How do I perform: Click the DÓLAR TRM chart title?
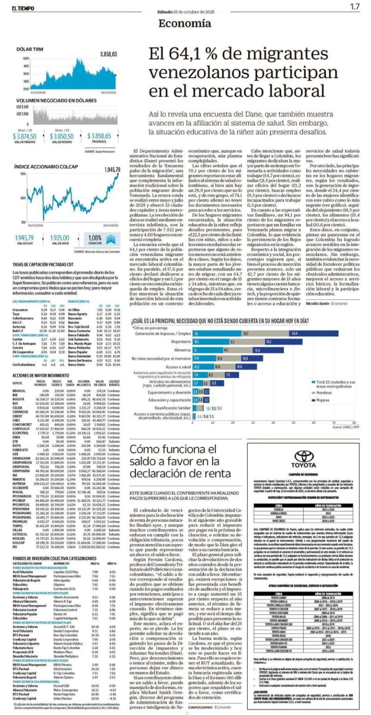(x=30, y=48)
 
